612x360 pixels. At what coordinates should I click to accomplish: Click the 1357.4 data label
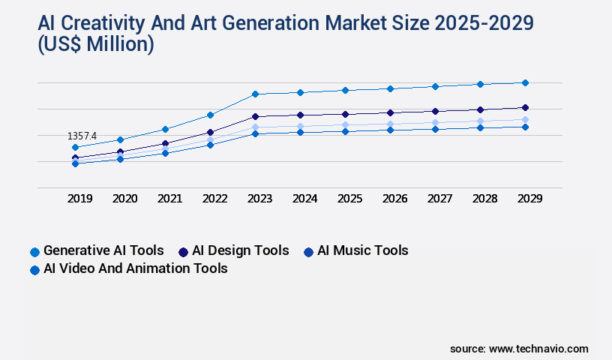pos(82,136)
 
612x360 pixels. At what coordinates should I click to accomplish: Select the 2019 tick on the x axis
pos(80,199)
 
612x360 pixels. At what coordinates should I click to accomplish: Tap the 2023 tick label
pos(259,199)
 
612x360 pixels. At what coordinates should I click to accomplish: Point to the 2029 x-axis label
pos(529,199)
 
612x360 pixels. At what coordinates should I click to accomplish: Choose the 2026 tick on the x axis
pos(394,199)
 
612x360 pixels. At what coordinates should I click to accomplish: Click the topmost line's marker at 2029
pos(525,82)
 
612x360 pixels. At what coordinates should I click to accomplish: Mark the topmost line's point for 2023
pos(255,94)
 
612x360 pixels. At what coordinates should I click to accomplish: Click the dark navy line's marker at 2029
pos(525,107)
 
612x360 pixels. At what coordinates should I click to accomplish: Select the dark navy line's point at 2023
pos(255,116)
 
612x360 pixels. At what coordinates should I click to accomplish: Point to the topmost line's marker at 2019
pos(75,147)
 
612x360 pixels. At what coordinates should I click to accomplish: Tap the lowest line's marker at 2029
pos(525,127)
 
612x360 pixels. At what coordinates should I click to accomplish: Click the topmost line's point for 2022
pos(210,115)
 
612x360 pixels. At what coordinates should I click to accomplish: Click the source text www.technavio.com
pos(538,349)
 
